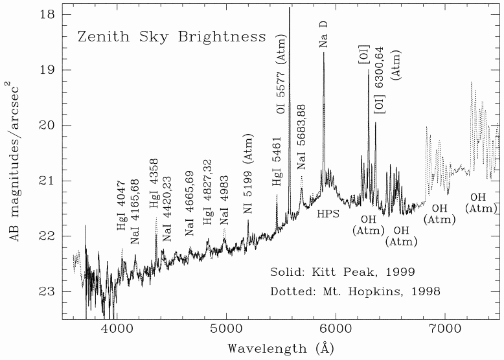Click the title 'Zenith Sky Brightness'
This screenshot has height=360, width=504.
click(x=172, y=36)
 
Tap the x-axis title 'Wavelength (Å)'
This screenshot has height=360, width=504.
click(x=281, y=348)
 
